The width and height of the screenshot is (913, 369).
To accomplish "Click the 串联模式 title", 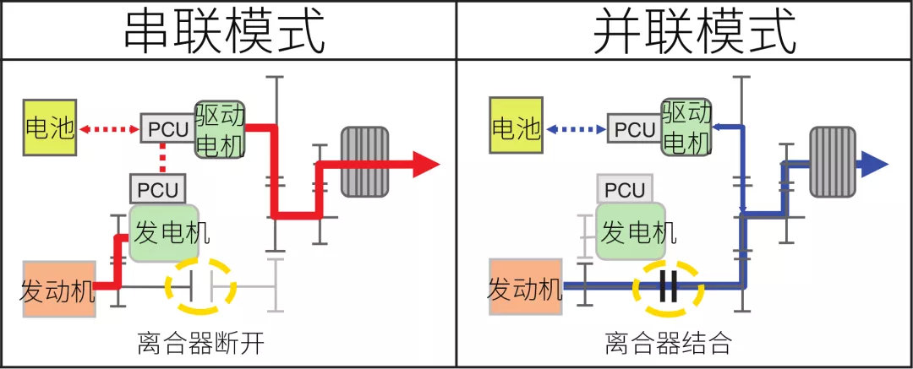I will (226, 30).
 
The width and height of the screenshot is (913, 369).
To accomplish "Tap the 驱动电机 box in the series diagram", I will (220, 129).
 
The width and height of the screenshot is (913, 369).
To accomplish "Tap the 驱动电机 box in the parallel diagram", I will (686, 129).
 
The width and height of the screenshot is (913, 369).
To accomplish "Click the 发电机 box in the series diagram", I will (164, 232).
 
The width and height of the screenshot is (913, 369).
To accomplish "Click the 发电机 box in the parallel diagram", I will (631, 232).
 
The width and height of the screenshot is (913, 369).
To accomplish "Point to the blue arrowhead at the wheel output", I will (874, 164).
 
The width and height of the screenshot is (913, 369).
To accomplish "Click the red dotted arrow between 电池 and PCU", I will (108, 129).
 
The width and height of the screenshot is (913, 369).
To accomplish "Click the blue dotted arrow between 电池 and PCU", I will (576, 129).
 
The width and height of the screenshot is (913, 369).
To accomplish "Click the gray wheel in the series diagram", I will (364, 162).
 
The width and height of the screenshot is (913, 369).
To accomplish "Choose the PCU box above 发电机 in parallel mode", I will (625, 189).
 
